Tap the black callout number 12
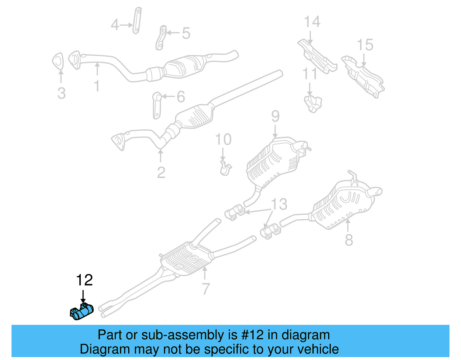pos(84,280)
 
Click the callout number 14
pos(312,22)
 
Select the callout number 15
pos(365,45)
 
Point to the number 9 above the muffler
pos(275,116)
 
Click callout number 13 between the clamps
pos(279,204)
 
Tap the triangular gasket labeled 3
pos(58,61)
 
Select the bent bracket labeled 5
pos(161,38)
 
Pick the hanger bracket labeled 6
pos(156,105)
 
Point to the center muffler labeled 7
pos(187,258)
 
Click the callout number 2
pos(161,172)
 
